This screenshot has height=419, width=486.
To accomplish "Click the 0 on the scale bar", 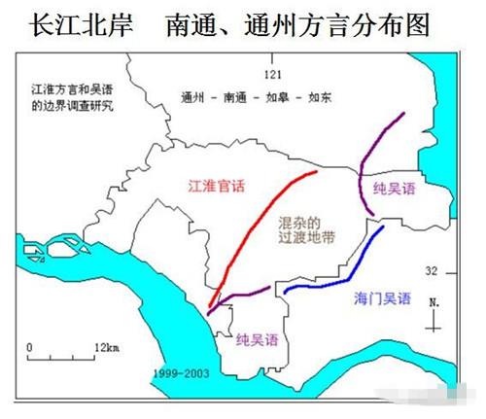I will tap(30, 345).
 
